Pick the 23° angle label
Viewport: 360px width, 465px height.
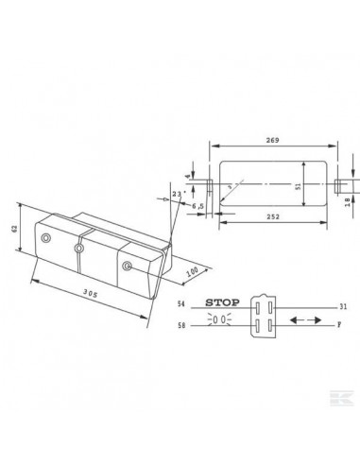pos(176,194)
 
